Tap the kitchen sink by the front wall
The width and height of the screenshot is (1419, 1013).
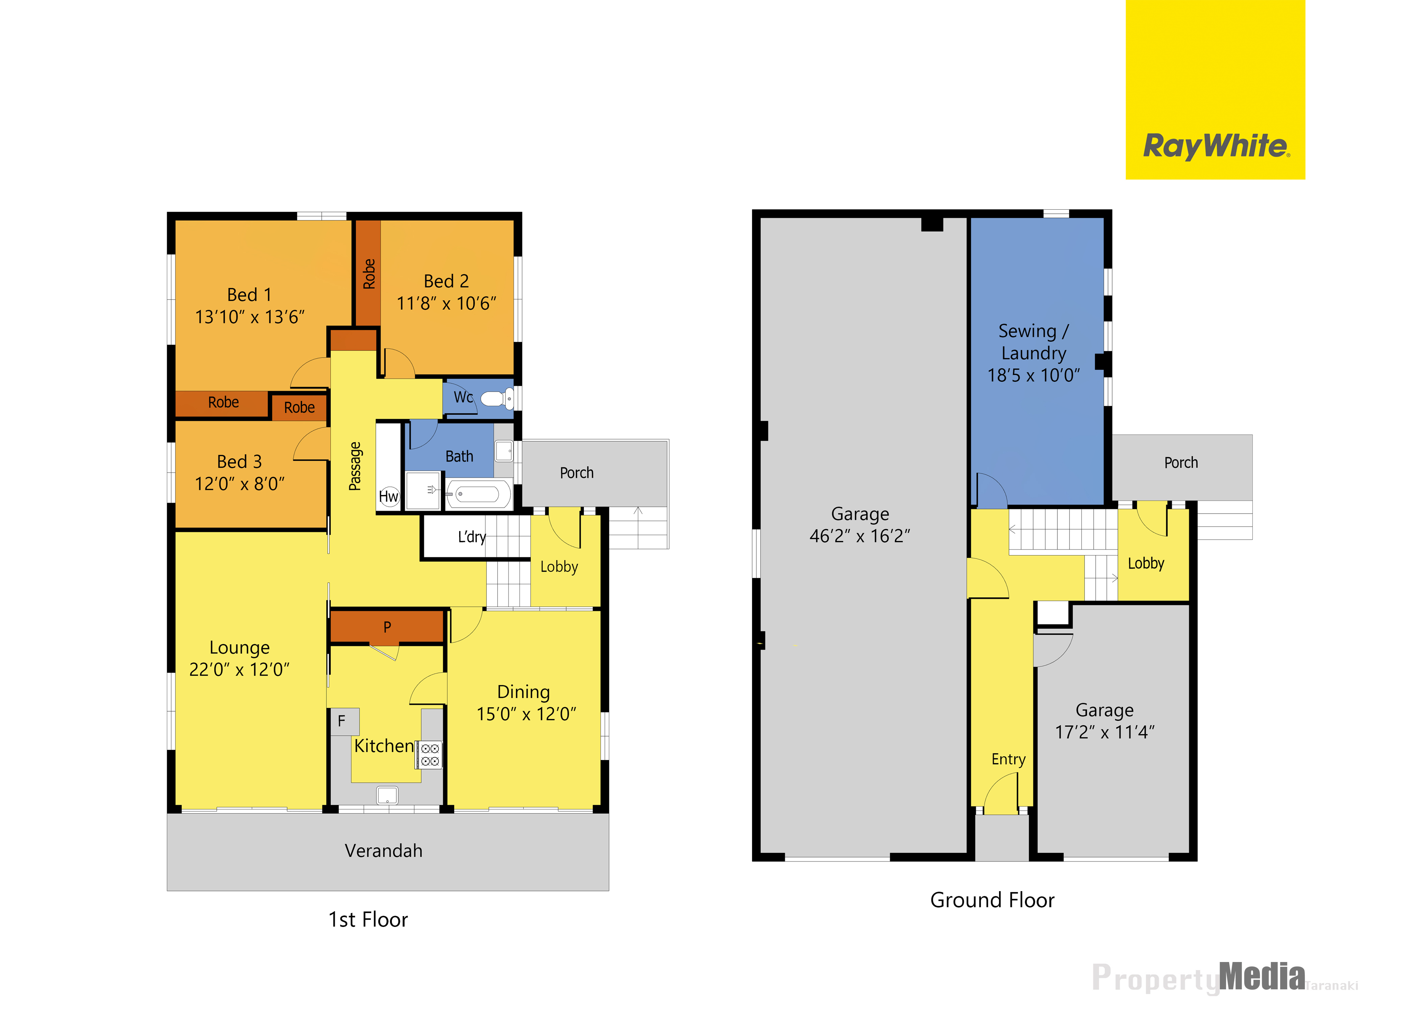[387, 795]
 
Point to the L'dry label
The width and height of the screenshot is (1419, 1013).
[472, 537]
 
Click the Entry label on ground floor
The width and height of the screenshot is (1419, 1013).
[1009, 759]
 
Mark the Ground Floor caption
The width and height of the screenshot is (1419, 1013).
[992, 900]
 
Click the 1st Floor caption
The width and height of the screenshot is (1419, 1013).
[368, 919]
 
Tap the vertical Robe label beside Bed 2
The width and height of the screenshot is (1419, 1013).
[369, 274]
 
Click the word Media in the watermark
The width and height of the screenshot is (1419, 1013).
[1262, 977]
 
